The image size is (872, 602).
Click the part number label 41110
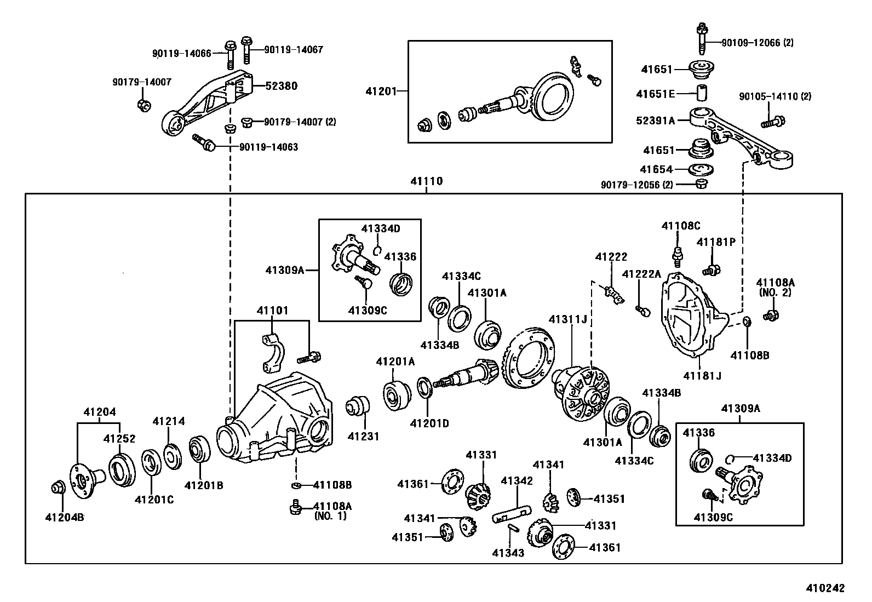427,181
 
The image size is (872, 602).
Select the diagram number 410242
825,588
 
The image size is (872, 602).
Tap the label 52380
282,86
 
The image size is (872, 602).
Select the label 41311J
571,319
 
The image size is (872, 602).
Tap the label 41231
363,437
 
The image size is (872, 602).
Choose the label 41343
508,553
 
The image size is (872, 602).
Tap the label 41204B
64,516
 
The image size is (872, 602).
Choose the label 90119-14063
268,147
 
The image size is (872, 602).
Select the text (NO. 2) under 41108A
775,293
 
